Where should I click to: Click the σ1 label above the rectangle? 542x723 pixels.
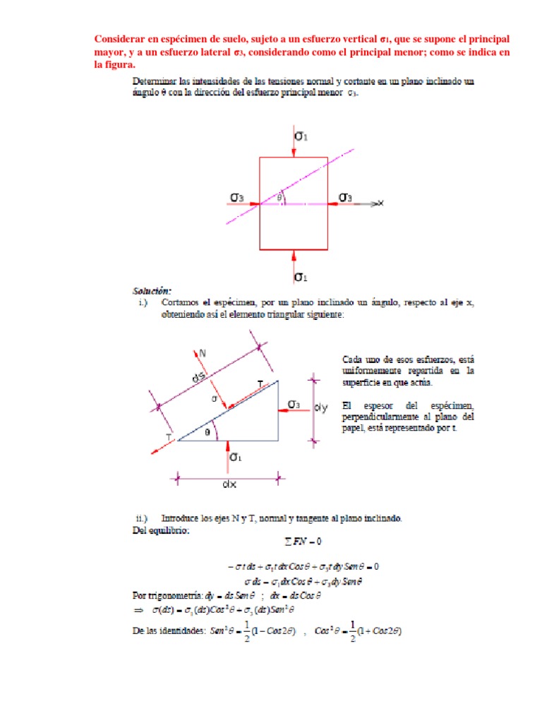pyautogui.click(x=301, y=135)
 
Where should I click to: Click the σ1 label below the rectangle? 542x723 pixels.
pyautogui.click(x=301, y=275)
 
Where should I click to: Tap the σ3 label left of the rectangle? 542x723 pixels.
pyautogui.click(x=238, y=197)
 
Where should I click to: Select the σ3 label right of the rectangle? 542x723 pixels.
pyautogui.click(x=345, y=197)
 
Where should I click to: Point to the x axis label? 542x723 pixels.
pyautogui.click(x=380, y=203)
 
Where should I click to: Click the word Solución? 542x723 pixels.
pyautogui.click(x=151, y=291)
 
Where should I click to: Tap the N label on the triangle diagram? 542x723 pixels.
pyautogui.click(x=203, y=351)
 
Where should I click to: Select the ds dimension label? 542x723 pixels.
pyautogui.click(x=200, y=378)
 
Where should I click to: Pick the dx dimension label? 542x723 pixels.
pyautogui.click(x=229, y=485)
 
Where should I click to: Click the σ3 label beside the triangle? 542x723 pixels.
pyautogui.click(x=294, y=404)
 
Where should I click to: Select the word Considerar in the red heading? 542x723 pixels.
pyautogui.click(x=121, y=38)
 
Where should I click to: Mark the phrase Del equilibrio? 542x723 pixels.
pyautogui.click(x=162, y=530)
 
